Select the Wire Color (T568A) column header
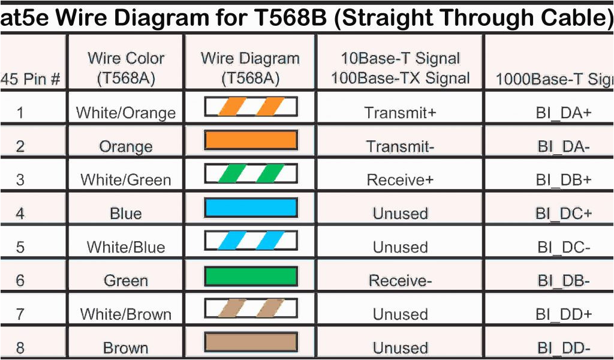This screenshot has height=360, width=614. click(126, 68)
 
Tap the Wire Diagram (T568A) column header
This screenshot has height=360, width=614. click(250, 68)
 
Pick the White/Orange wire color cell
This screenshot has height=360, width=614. click(126, 112)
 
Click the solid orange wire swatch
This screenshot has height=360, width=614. click(251, 140)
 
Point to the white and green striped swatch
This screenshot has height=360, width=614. click(251, 174)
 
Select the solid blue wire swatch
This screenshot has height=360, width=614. click(251, 208)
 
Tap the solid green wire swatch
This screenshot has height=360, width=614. click(251, 276)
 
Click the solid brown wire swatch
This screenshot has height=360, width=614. click(251, 343)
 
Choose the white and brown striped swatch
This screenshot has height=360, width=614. click(251, 309)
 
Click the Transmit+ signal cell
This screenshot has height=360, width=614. click(400, 112)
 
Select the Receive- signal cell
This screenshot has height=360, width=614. click(400, 280)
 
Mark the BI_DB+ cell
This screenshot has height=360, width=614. click(564, 179)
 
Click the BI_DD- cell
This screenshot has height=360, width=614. click(564, 347)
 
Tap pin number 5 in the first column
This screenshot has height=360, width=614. click(20, 247)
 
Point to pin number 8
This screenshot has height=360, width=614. click(20, 347)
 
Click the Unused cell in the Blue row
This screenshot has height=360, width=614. click(400, 213)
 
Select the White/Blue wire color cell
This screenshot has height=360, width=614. click(126, 247)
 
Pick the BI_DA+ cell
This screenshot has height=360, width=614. click(564, 112)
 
